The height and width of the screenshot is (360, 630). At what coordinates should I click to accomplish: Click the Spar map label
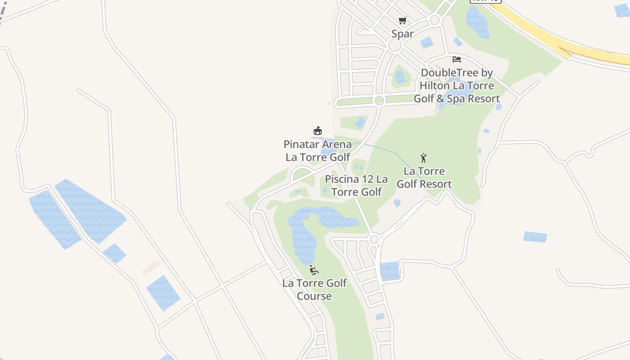tap(402, 33)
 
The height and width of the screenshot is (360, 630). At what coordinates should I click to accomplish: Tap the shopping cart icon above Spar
tap(402, 20)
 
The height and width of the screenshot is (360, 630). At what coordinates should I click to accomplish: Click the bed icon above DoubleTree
tap(457, 59)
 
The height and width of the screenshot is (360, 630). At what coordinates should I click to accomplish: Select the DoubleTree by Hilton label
tap(457, 85)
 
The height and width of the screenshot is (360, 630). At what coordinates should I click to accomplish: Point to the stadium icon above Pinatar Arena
tap(318, 131)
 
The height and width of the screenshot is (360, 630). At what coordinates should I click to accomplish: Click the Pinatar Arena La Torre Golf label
tap(318, 151)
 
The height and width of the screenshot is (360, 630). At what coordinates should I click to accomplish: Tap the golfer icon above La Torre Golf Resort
tap(423, 158)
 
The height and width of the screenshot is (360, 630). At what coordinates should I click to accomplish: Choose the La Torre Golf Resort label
tap(424, 177)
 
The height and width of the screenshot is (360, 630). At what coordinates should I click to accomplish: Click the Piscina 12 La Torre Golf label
tap(356, 185)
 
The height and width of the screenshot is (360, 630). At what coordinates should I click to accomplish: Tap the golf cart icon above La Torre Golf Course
tap(314, 270)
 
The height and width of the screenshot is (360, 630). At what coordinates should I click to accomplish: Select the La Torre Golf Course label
tap(315, 289)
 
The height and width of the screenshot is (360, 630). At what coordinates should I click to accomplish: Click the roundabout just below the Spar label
tap(395, 45)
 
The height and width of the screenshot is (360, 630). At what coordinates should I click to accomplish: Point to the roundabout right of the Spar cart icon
tap(434, 20)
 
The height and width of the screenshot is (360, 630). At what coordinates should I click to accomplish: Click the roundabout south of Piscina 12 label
tap(373, 239)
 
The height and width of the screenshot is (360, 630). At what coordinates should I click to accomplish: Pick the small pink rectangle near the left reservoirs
tap(151, 267)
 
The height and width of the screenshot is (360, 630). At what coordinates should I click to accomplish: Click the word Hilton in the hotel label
tap(434, 85)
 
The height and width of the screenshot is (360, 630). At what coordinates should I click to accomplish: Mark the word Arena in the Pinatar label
tap(335, 144)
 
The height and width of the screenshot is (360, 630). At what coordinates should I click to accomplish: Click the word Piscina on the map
tap(342, 179)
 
